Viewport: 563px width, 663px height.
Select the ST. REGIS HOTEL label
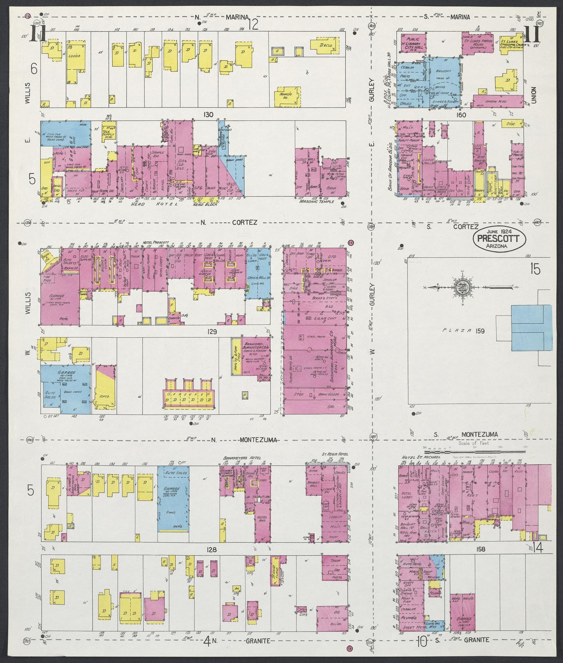click(x=334, y=454)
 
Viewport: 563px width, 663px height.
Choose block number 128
click(x=212, y=550)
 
